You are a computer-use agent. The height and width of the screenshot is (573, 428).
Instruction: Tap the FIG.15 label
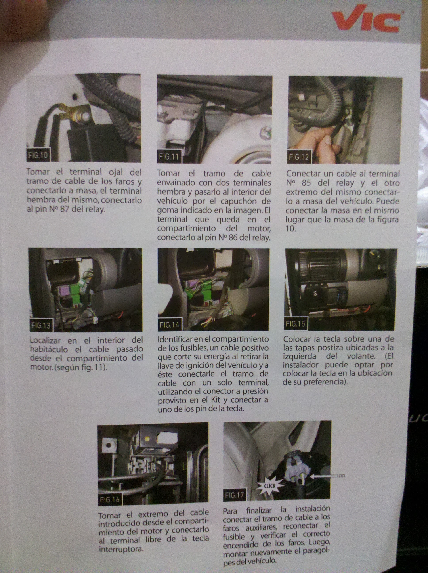[296, 324]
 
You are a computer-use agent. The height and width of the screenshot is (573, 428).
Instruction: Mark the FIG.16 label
[110, 500]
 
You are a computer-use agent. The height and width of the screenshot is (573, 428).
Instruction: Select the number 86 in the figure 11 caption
[233, 238]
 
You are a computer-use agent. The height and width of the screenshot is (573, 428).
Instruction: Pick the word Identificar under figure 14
[176, 339]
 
